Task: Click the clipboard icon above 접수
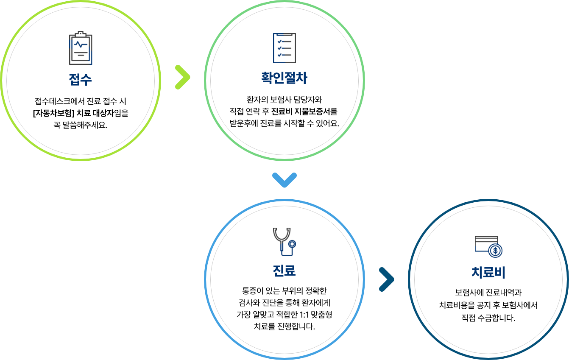point(81,48)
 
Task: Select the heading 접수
point(80,80)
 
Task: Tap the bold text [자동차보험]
point(53,113)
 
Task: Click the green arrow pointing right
point(183,77)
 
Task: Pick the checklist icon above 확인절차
point(284,48)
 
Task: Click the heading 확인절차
point(284,78)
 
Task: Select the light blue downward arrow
point(284,180)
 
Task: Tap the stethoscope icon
point(284,242)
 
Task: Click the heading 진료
point(284,271)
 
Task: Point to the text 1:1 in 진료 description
point(304,315)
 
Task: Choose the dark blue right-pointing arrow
point(386,279)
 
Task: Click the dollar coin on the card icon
point(495,251)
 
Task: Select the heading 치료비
point(488,272)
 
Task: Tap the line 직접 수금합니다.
point(488,318)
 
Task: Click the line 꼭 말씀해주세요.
point(80,125)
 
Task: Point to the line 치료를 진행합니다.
point(284,326)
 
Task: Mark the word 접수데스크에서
point(59,101)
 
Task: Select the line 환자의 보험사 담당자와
point(284,99)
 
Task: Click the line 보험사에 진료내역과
point(488,293)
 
